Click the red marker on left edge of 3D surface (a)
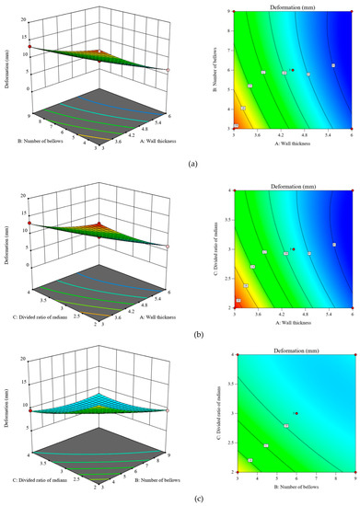point(30,46)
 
